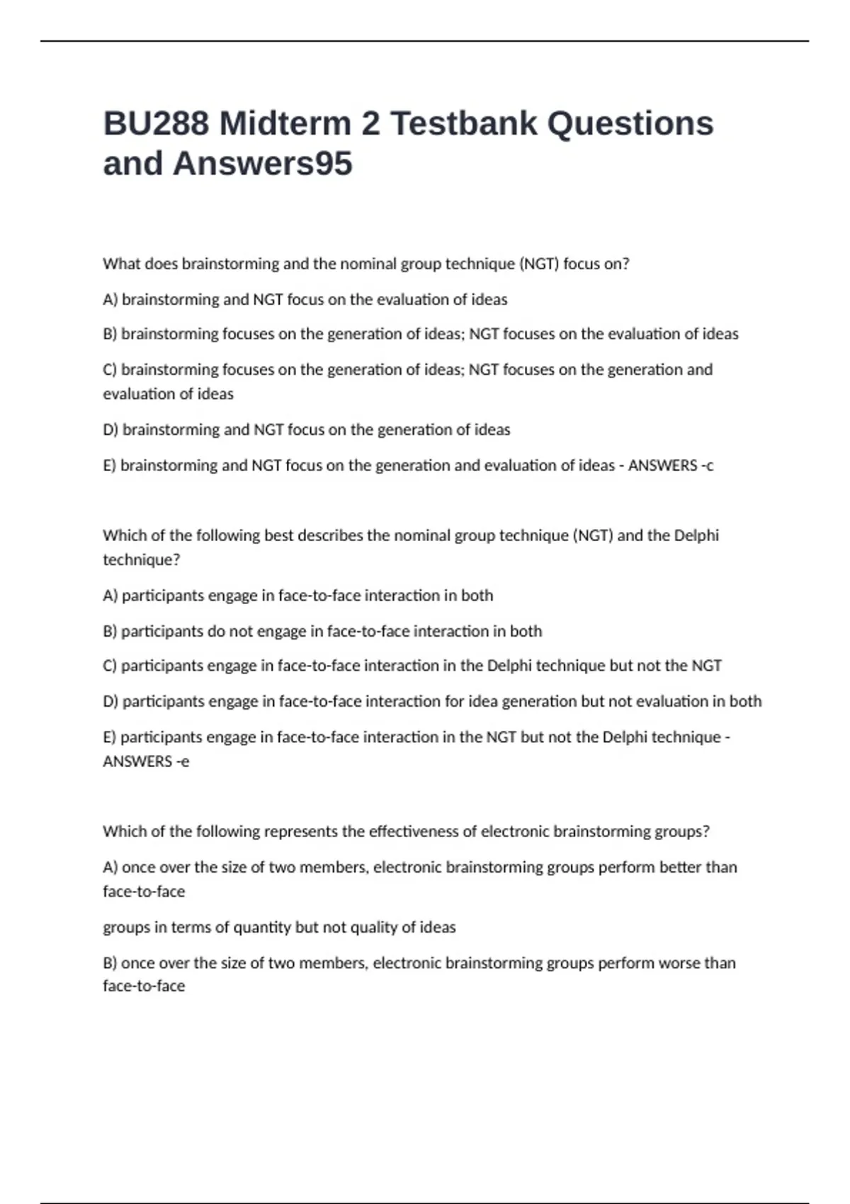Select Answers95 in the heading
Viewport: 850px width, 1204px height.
(263, 164)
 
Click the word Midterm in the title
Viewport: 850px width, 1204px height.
(285, 124)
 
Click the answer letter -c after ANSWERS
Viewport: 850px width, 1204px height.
(707, 466)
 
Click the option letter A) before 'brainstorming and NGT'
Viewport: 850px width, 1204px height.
(110, 300)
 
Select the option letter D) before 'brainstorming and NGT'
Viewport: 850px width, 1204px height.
(110, 430)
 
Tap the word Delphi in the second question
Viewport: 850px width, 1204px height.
(696, 535)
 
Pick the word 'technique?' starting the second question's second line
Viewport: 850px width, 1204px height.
(142, 560)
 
